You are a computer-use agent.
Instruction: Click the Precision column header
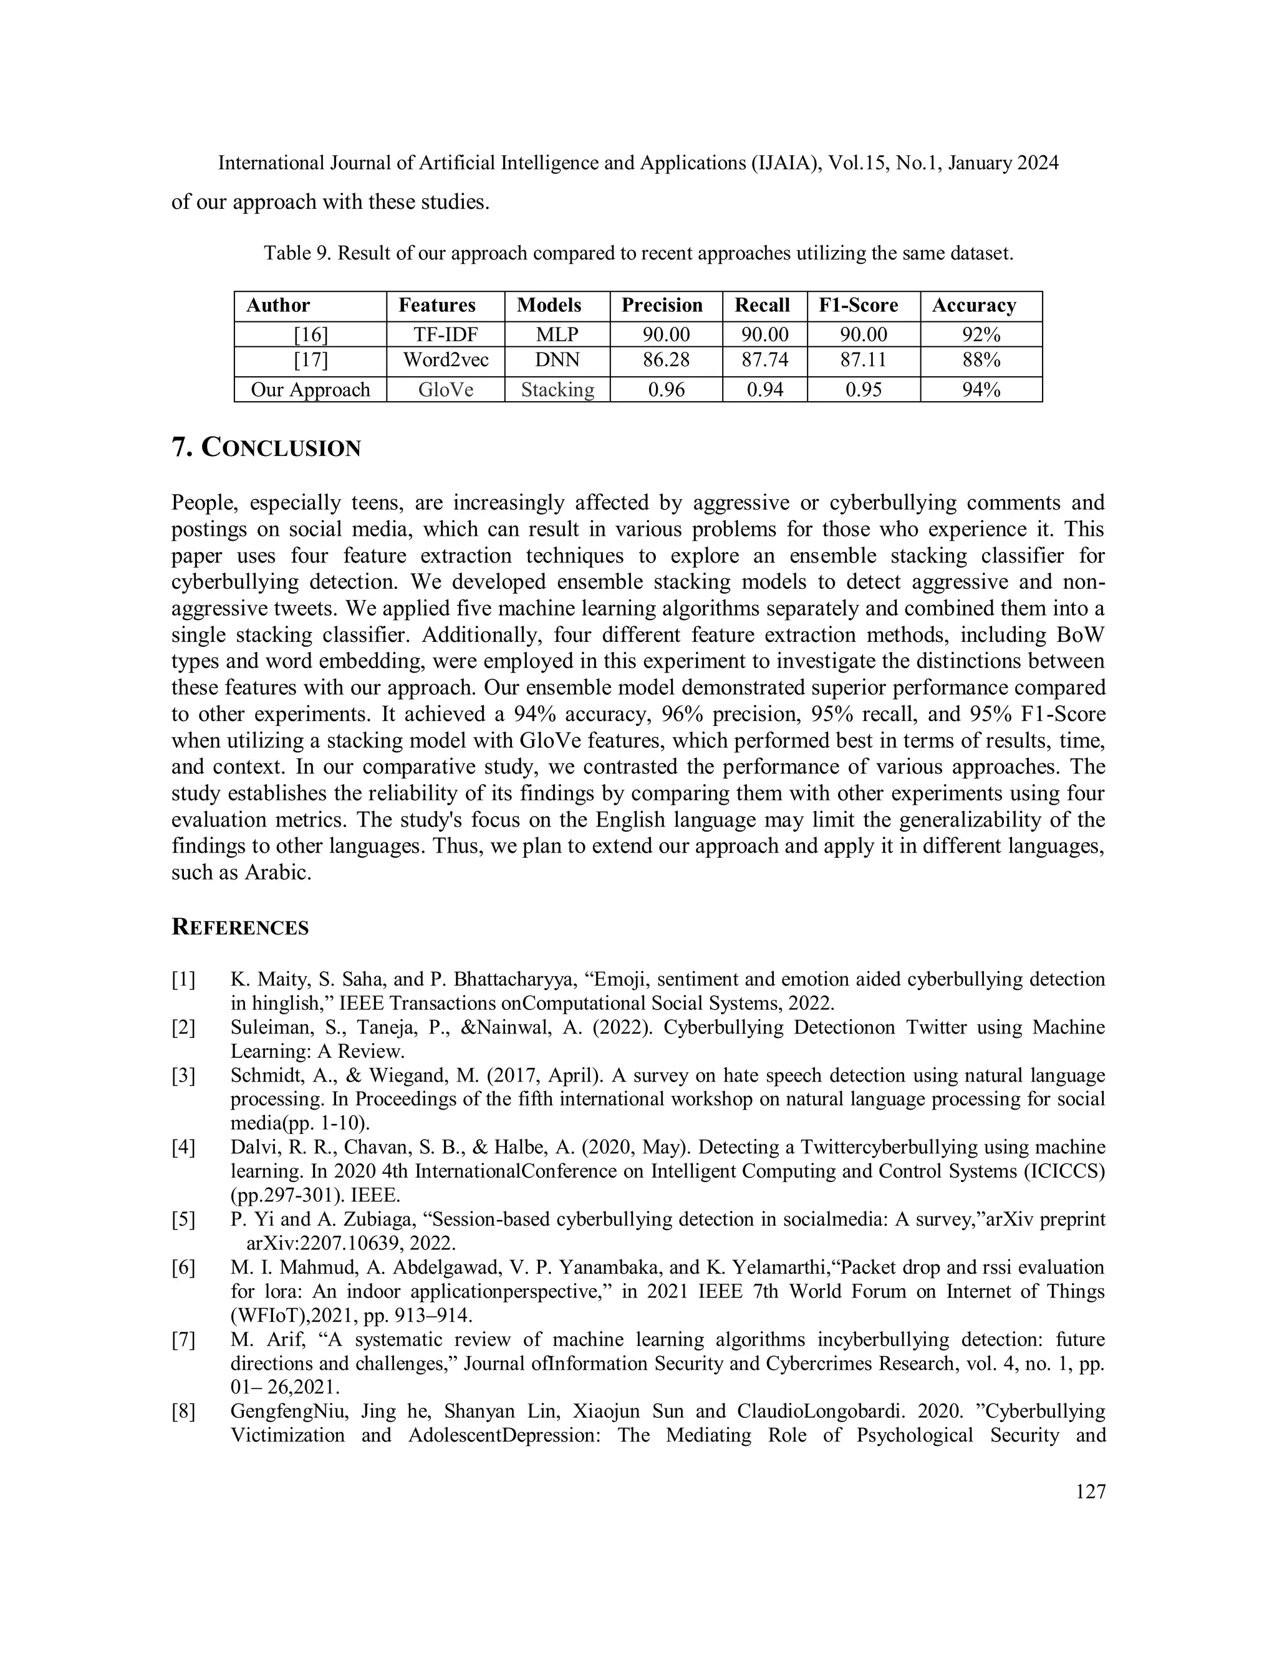[x=662, y=306]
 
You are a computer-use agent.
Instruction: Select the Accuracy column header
[x=973, y=306]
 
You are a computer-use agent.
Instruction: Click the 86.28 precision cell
[x=666, y=361]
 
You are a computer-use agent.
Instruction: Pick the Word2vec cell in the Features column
[x=446, y=361]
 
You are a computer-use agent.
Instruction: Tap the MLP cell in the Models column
[x=557, y=334]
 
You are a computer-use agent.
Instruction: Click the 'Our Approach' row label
[x=310, y=390]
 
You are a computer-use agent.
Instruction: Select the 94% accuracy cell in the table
[x=981, y=390]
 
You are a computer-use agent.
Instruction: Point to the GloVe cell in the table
[x=446, y=390]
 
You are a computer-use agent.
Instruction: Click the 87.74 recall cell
[x=765, y=361]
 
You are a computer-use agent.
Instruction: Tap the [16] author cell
[x=310, y=334]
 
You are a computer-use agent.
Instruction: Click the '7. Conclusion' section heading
[x=266, y=448]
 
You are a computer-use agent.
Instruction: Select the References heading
[x=240, y=928]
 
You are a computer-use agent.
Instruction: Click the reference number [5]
[x=183, y=1219]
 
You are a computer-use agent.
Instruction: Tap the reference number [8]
[x=183, y=1412]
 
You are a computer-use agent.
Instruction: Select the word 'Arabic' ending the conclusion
[x=277, y=873]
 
